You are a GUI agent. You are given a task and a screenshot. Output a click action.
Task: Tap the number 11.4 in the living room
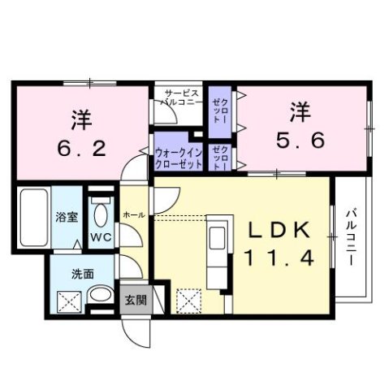point(277,258)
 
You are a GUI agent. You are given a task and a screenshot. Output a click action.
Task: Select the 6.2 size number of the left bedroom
point(80,149)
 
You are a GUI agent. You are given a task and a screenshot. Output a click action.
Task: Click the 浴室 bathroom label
point(65,218)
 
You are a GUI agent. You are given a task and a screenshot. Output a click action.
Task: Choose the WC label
point(101,238)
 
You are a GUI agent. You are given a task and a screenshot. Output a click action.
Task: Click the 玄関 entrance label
point(135,299)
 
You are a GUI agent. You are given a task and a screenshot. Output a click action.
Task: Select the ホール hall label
point(133,214)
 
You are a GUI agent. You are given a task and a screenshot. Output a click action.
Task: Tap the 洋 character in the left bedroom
point(80,119)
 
